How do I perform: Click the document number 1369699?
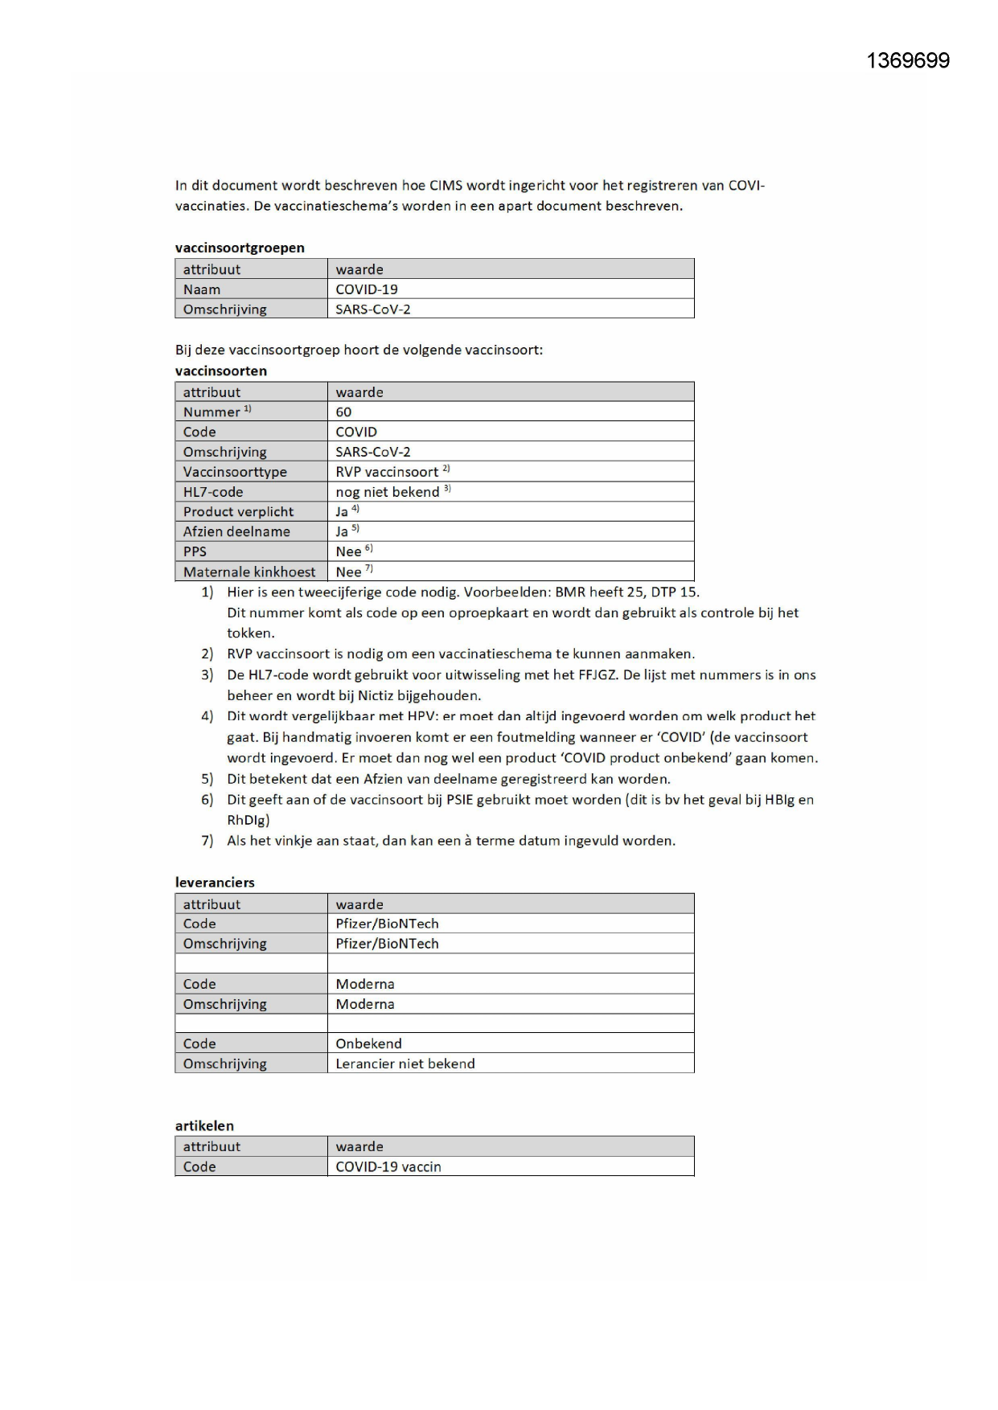click(907, 61)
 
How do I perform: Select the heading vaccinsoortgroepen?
click(240, 248)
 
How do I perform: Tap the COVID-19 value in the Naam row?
click(367, 289)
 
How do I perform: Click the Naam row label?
click(202, 289)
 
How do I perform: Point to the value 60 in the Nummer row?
click(343, 412)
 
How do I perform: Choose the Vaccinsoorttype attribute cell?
click(235, 472)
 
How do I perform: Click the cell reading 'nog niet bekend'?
click(388, 492)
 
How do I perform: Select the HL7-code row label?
click(213, 492)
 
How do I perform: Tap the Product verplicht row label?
click(238, 511)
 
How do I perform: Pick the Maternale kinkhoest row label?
click(249, 572)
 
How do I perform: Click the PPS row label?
click(195, 551)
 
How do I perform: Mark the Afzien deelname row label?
click(236, 531)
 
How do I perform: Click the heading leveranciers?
click(215, 882)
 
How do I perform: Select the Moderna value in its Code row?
click(365, 984)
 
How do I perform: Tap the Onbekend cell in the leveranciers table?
click(368, 1043)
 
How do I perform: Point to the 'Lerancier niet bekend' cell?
click(405, 1064)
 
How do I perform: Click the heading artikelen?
click(204, 1125)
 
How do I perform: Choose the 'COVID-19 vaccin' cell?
click(388, 1166)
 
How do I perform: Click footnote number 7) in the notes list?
click(207, 841)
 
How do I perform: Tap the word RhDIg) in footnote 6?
click(248, 820)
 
